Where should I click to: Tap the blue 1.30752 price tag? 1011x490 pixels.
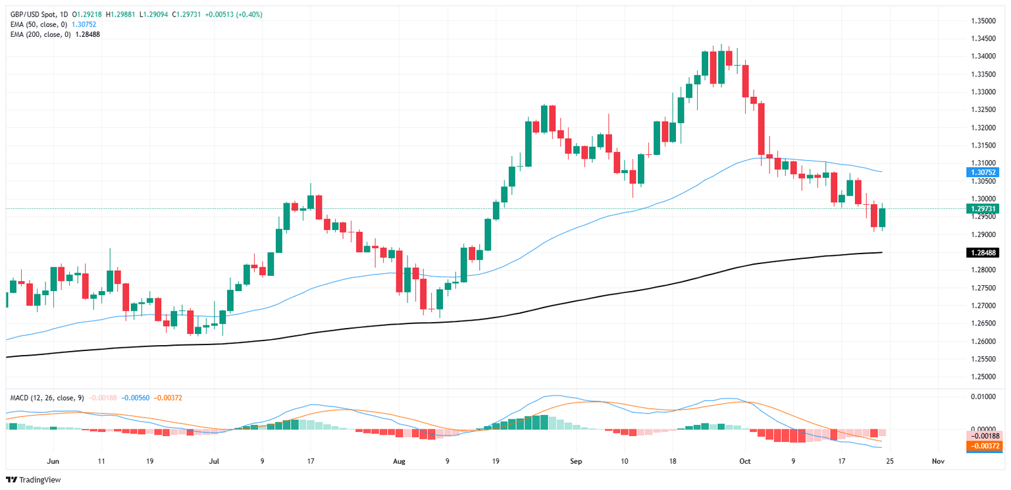(x=983, y=172)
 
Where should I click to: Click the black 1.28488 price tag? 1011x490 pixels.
(x=983, y=252)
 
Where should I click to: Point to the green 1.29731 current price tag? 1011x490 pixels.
(x=983, y=208)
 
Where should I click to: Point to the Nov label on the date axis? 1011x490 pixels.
(x=939, y=461)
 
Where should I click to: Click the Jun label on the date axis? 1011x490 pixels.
(x=53, y=461)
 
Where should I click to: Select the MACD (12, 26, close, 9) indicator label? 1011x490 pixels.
(x=47, y=398)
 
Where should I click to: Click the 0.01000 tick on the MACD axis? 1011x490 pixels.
(x=983, y=396)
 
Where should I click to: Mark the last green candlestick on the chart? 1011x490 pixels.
(x=882, y=218)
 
